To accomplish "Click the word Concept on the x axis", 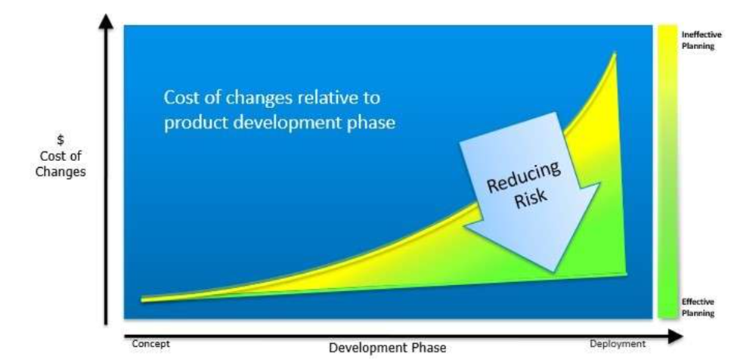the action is point(150,343).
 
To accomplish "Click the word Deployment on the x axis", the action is point(618,343).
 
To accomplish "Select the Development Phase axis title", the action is point(387,348).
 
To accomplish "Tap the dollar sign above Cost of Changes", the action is point(60,140).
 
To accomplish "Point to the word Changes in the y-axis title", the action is point(60,172).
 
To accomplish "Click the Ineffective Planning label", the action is point(701,40).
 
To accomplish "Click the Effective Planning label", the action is point(698,307).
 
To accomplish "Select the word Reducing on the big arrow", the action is point(523,177).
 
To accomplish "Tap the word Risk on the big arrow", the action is point(531,199).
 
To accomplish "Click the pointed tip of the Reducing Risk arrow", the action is point(553,272).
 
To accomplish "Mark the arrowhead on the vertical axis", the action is point(107,22).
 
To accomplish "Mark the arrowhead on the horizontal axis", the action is point(676,336).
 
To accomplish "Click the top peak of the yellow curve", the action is point(615,54).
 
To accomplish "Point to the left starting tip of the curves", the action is point(142,299).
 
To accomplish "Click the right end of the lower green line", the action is point(626,274).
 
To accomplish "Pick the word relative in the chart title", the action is point(332,98).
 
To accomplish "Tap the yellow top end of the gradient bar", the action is point(667,31).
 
